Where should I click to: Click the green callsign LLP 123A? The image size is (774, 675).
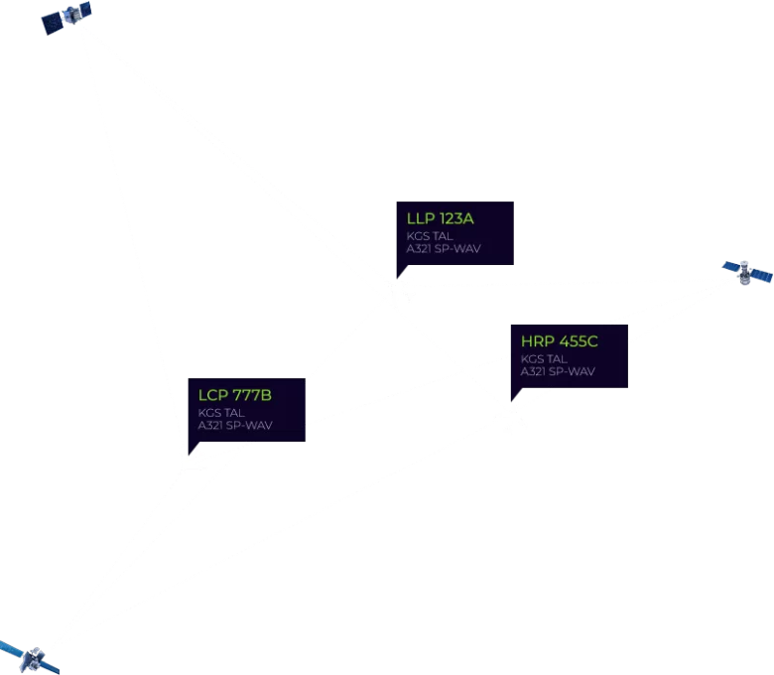point(440,218)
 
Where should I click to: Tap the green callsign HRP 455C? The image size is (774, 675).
point(560,341)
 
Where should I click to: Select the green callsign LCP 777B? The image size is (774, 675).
point(235,395)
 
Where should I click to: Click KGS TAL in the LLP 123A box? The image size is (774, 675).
point(430,236)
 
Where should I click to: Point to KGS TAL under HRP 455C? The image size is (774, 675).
point(544,359)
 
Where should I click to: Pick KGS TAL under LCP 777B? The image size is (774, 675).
point(221,413)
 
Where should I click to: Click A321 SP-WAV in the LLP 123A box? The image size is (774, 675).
point(444,249)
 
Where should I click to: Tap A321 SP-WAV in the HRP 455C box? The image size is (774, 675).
point(558,372)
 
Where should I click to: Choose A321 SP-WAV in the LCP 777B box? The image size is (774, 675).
point(235,426)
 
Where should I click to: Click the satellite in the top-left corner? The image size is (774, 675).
point(66,18)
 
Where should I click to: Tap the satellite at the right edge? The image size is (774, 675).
point(747,273)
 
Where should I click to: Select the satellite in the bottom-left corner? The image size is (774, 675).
point(31,658)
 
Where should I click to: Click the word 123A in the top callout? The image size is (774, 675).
point(456,218)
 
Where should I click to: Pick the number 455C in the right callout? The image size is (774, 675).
point(579,341)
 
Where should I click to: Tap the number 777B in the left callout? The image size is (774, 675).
point(252,395)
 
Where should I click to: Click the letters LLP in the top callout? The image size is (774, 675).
point(421,218)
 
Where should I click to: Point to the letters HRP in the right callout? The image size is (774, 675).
point(538,341)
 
